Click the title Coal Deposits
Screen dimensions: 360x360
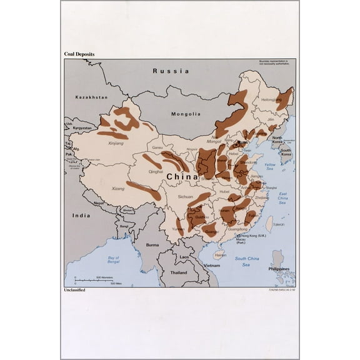tap(79, 54)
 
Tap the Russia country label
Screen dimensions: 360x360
tap(172, 71)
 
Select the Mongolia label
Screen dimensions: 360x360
tap(187, 114)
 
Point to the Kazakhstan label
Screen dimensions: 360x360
tap(91, 97)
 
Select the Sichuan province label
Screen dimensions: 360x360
tap(186, 197)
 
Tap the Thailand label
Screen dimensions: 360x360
tap(179, 273)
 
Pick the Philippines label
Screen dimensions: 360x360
tap(280, 269)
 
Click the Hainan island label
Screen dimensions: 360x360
tap(220, 254)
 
